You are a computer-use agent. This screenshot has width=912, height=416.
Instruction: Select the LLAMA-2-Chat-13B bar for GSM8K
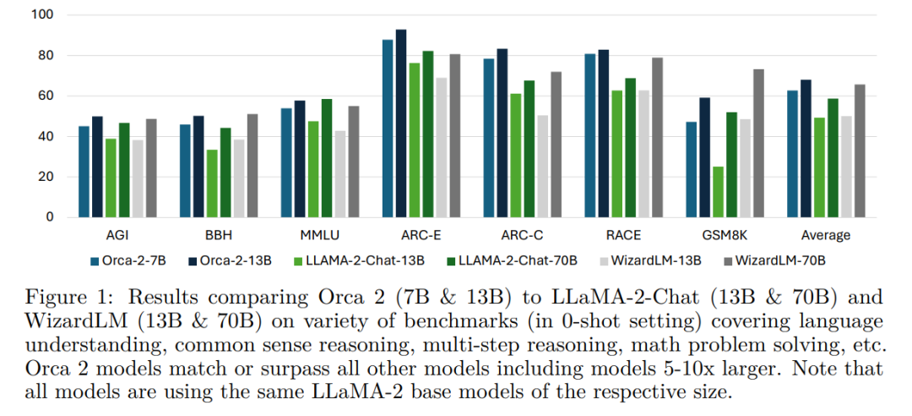click(718, 192)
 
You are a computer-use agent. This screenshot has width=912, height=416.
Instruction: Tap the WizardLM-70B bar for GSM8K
click(758, 144)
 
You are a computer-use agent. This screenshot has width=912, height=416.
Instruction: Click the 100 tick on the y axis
click(42, 15)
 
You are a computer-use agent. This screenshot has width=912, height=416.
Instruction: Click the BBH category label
click(219, 235)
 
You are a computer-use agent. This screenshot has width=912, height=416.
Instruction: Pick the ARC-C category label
click(523, 235)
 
